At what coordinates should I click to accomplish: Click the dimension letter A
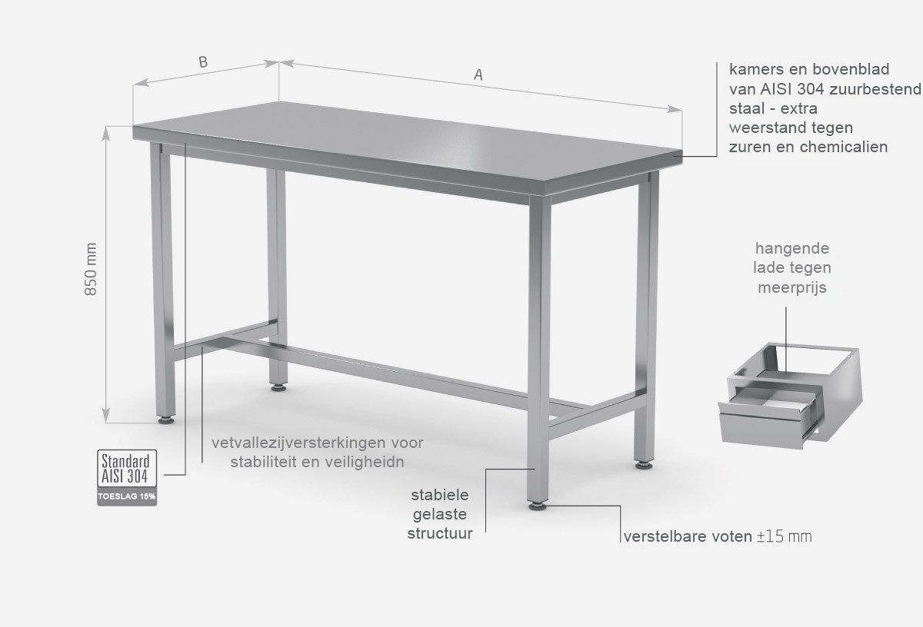point(478,75)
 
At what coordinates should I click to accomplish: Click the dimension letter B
point(203,62)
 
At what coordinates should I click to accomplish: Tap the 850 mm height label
point(91,269)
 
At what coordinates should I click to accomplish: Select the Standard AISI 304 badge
point(127,469)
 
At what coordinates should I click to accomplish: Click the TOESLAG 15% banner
point(127,496)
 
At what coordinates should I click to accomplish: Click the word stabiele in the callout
point(440,495)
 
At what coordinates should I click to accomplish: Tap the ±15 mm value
point(784,537)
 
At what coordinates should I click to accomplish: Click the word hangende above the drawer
point(792,249)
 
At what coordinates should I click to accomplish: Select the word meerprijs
point(792,288)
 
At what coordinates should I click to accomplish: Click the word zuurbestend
point(875,89)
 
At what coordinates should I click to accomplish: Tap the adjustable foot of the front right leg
point(538,506)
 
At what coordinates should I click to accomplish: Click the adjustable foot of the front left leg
point(166,420)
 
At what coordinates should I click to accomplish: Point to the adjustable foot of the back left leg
point(278,387)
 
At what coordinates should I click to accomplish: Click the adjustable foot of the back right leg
point(643,465)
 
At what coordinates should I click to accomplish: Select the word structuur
point(440,533)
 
